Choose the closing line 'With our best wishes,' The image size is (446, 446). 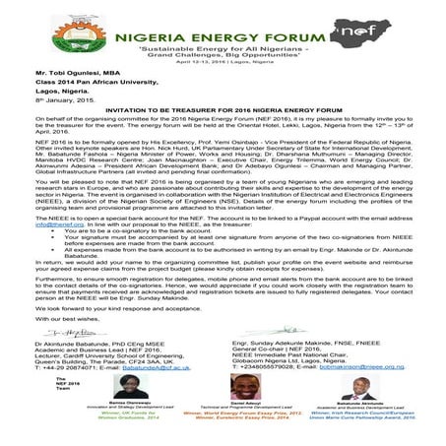pyautogui.click(x=43, y=292)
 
